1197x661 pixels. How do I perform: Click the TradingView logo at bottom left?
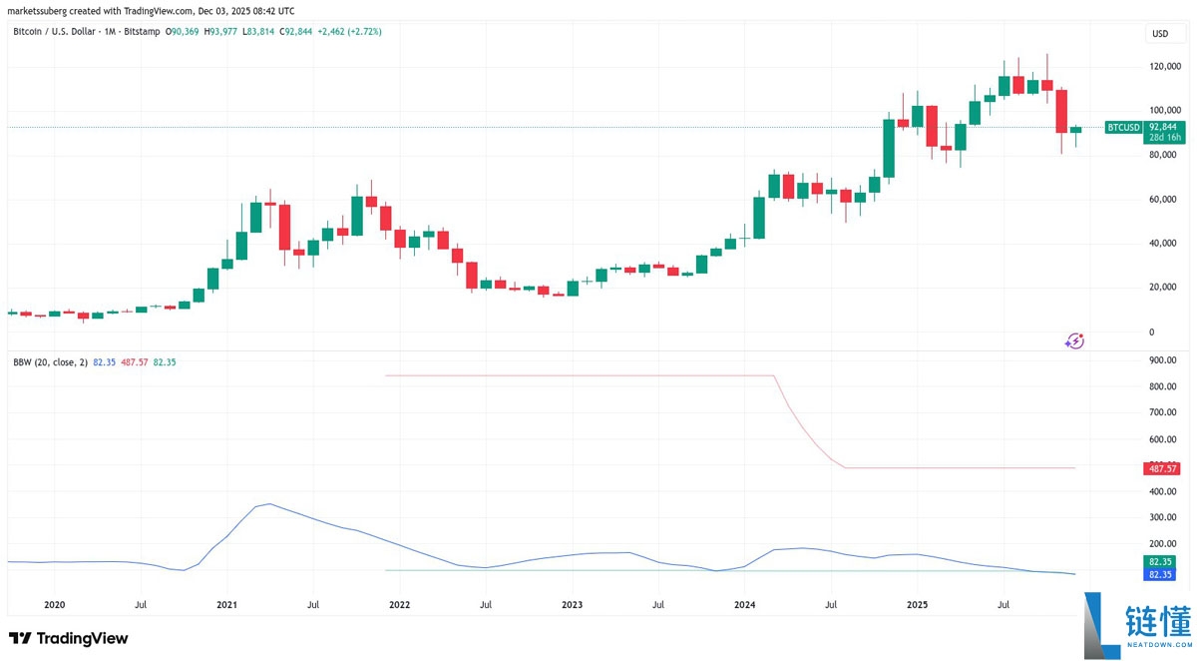pos(68,638)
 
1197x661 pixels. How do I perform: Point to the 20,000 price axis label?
pos(1164,288)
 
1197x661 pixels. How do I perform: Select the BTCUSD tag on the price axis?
pos(1124,127)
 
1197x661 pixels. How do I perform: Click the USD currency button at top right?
pos(1160,34)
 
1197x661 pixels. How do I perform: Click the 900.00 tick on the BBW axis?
pos(1164,360)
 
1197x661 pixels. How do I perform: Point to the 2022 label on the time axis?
pos(399,604)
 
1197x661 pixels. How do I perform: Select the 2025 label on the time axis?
pos(918,604)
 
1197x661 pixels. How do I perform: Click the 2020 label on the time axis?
pos(55,604)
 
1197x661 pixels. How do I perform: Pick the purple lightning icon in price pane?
pos(1074,340)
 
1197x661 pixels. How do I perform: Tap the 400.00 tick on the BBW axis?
pos(1164,491)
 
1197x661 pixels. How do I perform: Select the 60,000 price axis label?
pos(1164,200)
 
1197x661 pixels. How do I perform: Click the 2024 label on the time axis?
pos(744,604)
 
